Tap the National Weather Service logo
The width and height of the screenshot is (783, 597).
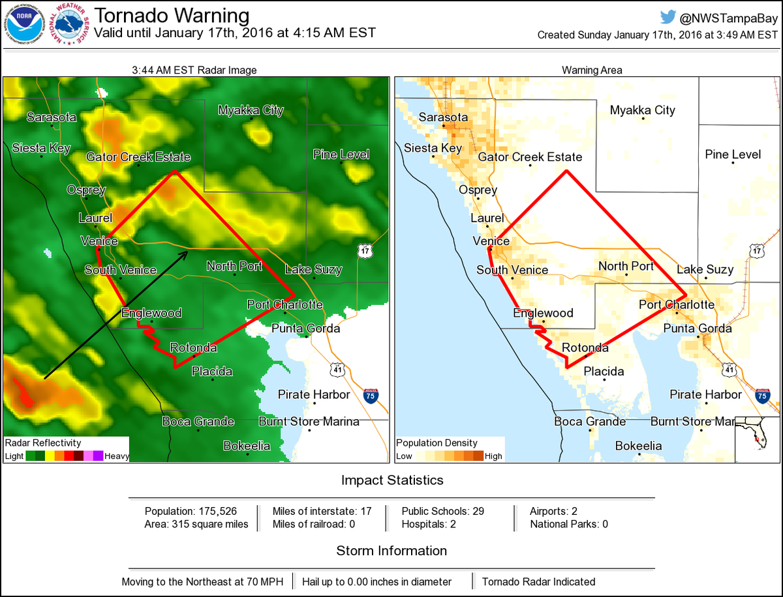(71, 25)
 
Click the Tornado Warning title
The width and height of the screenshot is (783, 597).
(172, 16)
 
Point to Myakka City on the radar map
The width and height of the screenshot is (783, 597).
(251, 110)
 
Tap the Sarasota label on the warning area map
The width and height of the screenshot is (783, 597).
(443, 117)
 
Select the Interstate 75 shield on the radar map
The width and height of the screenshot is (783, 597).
(371, 395)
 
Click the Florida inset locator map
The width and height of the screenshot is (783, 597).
(756, 439)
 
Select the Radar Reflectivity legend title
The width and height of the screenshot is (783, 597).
(44, 443)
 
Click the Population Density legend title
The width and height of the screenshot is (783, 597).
(437, 443)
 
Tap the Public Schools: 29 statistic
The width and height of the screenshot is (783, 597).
(442, 511)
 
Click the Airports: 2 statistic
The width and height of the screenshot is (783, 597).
(554, 511)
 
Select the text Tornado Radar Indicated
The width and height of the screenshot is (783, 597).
(538, 581)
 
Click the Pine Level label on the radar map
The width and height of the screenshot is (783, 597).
(341, 154)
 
